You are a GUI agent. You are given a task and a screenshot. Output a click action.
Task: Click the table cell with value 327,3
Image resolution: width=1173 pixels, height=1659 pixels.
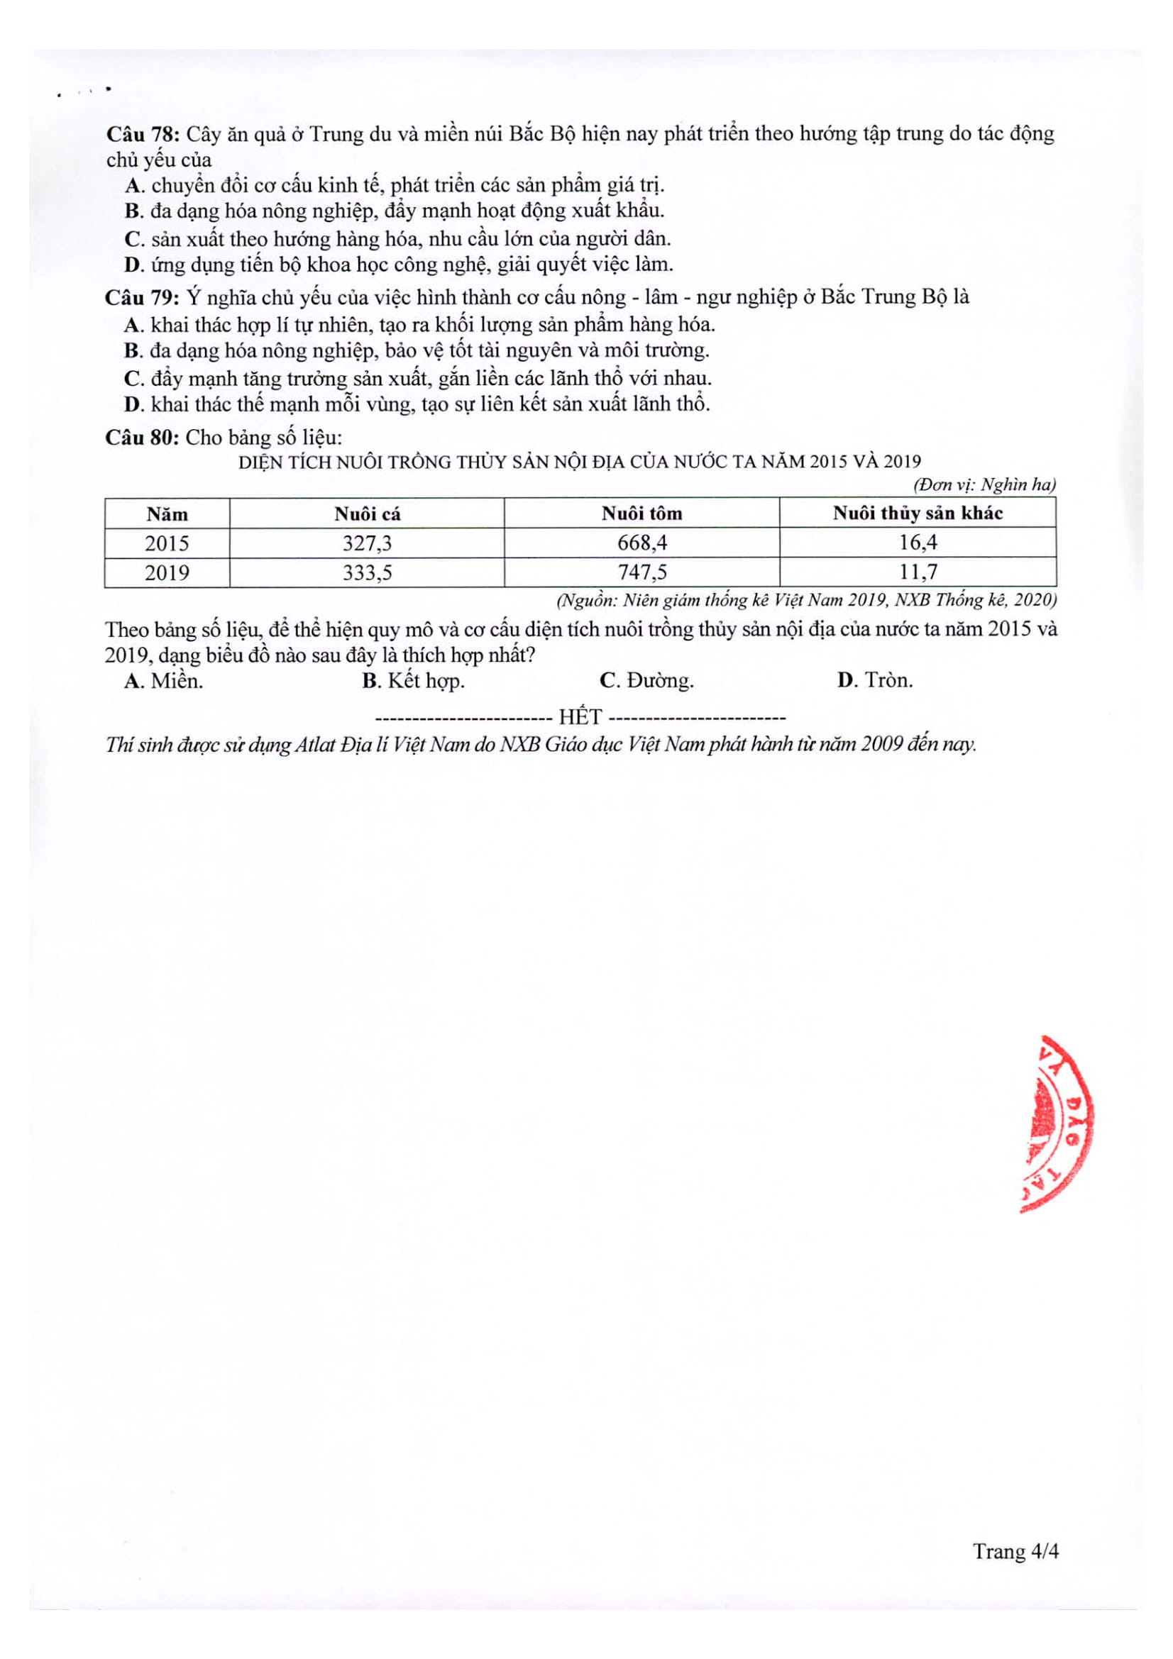click(366, 543)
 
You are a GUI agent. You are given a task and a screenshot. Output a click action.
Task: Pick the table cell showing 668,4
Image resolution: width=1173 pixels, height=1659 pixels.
click(641, 543)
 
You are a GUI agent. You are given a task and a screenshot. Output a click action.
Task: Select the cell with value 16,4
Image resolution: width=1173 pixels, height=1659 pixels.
click(917, 543)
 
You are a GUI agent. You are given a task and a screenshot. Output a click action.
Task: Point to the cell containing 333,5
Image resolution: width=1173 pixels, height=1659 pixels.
click(366, 572)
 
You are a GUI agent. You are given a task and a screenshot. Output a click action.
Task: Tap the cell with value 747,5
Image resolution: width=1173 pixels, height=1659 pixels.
click(641, 572)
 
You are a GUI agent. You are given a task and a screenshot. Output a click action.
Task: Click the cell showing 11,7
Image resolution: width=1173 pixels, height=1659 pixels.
click(917, 572)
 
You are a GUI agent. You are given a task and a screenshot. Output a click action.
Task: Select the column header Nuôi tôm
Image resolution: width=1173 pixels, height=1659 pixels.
click(641, 513)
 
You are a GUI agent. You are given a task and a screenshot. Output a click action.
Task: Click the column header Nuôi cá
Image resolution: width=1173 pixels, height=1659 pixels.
click(366, 514)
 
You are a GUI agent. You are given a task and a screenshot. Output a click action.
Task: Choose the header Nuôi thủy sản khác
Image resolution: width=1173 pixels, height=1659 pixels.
click(917, 513)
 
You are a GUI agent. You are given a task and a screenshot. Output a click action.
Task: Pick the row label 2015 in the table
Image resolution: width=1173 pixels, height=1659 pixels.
click(167, 543)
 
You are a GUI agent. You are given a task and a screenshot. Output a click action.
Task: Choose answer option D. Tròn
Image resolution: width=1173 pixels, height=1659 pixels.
click(874, 680)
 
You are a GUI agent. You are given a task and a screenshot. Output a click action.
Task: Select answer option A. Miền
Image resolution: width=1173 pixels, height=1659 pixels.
click(164, 681)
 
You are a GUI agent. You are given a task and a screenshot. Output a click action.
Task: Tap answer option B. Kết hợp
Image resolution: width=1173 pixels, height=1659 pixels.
click(413, 681)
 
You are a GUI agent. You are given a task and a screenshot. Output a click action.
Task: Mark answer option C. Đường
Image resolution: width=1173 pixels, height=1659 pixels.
click(646, 681)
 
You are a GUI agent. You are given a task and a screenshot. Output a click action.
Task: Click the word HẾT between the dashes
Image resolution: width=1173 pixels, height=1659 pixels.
click(580, 717)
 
